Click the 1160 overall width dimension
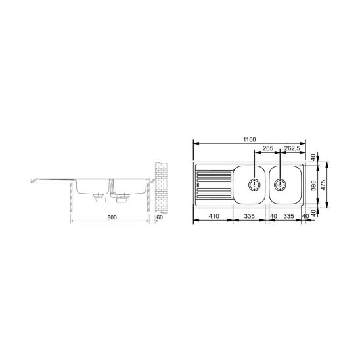click(x=250, y=139)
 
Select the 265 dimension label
click(x=268, y=148)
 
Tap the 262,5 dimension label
click(x=292, y=148)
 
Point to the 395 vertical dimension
click(x=313, y=185)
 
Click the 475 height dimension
click(x=323, y=185)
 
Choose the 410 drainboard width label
click(x=214, y=216)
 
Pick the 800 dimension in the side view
click(x=112, y=217)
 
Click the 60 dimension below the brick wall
click(x=160, y=217)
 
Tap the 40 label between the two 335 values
click(x=274, y=216)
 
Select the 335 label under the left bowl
click(x=250, y=216)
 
